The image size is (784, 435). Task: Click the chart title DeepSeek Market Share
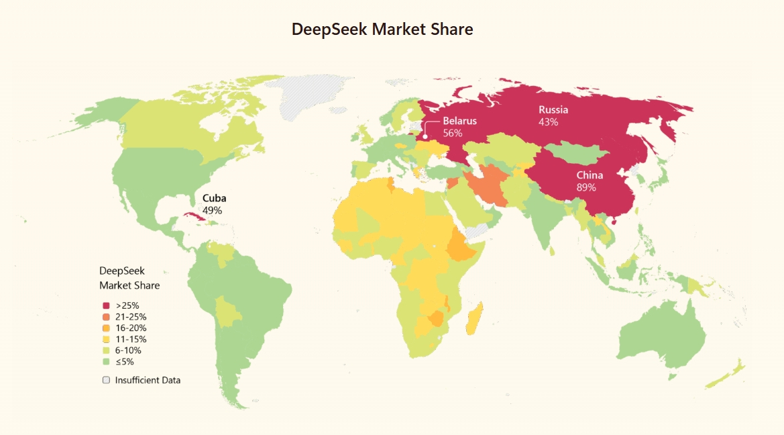pos(382,30)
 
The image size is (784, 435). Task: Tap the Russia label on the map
pos(553,109)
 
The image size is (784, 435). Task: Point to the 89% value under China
pos(586,187)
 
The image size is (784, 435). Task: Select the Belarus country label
pos(459,121)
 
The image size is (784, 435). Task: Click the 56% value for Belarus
pos(453,133)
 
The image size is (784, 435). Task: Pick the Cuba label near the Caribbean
pos(214,198)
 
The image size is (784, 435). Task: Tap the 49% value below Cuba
pos(212,210)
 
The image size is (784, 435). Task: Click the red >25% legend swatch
pos(106,305)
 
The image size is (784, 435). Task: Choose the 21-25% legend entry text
pos(131,317)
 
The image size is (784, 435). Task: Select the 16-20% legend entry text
pos(131,328)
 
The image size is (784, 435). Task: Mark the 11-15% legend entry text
pos(131,339)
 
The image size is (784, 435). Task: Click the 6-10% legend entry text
pos(128,350)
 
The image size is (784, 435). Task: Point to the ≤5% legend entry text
pos(124,361)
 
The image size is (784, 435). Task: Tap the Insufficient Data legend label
pos(148,380)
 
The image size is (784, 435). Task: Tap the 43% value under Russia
pos(548,122)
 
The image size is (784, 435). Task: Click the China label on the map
pos(590,175)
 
